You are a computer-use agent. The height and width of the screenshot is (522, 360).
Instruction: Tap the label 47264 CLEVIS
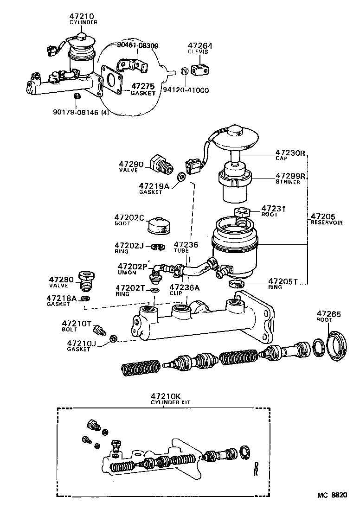click(x=200, y=49)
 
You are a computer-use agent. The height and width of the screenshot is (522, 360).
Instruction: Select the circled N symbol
click(x=184, y=71)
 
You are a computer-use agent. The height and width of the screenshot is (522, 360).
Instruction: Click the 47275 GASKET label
click(x=143, y=89)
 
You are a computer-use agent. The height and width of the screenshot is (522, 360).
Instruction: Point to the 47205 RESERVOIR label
click(x=326, y=219)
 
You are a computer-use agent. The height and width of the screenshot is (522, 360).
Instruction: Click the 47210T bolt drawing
click(x=98, y=331)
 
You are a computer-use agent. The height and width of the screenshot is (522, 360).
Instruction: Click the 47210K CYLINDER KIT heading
click(x=165, y=399)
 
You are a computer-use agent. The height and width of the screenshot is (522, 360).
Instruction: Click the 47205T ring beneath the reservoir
click(x=237, y=284)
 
